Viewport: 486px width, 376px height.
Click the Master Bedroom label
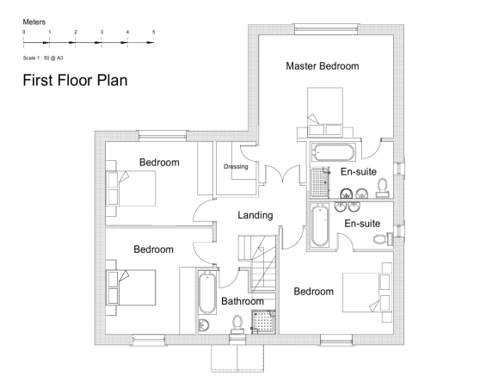322,66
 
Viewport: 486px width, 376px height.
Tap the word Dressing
236,167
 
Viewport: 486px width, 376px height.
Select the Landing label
255,215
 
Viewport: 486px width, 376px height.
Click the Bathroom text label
242,301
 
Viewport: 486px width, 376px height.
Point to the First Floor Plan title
75,82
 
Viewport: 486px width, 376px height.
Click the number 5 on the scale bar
153,32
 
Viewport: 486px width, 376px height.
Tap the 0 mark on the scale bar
24,32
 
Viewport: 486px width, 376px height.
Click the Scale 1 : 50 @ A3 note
42,58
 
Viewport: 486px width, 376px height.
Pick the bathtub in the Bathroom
206,293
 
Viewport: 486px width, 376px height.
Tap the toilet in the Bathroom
237,324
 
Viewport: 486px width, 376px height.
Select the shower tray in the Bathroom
262,321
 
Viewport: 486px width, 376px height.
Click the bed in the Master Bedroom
323,115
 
